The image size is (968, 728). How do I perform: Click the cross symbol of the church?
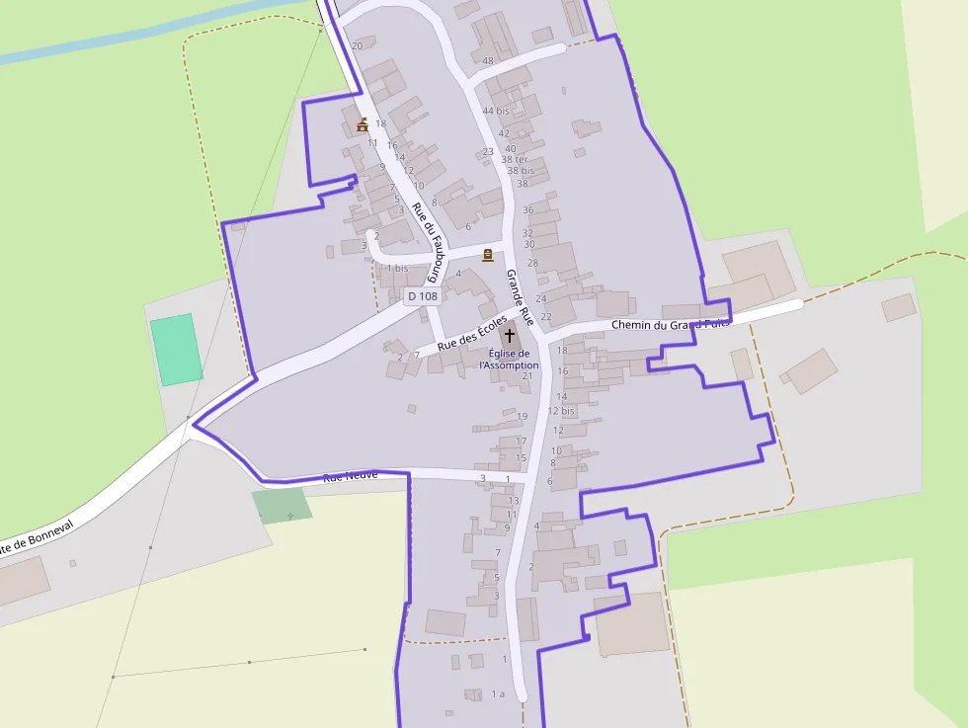[510, 336]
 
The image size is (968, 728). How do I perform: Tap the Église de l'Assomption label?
[510, 360]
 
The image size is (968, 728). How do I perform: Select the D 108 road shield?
[422, 295]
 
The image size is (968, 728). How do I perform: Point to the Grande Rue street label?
[520, 298]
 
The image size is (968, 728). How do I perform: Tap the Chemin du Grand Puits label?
[670, 324]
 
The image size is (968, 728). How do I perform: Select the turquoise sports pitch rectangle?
[177, 349]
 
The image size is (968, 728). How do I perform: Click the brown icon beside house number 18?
[363, 124]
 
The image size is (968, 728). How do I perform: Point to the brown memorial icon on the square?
[487, 255]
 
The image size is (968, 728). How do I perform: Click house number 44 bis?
[496, 111]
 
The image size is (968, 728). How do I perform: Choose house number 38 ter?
[515, 159]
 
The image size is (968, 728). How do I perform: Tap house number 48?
[488, 61]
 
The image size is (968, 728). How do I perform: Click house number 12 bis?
[561, 411]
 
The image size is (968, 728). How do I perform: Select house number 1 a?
[498, 693]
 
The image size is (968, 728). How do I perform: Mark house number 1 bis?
[397, 268]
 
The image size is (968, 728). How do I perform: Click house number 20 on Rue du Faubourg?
[357, 45]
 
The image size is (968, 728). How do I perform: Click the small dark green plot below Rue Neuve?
[282, 505]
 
